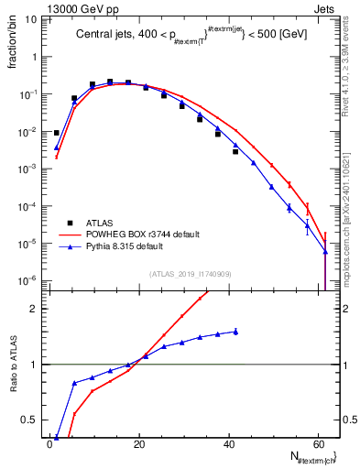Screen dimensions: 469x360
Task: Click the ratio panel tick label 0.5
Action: [x=30, y=420]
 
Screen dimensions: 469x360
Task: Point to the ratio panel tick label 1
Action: [x=35, y=365]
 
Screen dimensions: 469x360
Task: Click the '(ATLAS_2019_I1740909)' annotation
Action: [x=190, y=274]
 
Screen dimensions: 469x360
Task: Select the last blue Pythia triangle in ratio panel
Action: [x=235, y=332]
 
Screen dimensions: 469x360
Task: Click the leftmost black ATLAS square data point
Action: [x=57, y=133]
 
